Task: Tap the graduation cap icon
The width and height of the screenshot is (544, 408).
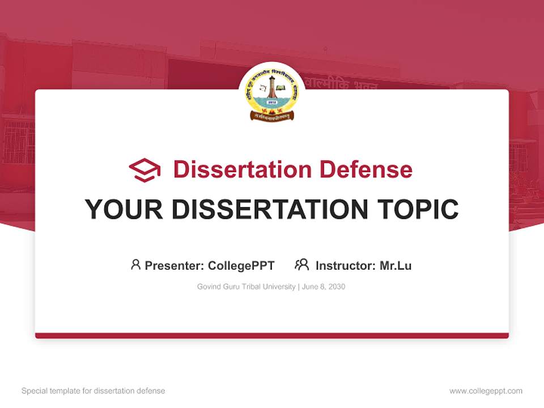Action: [144, 170]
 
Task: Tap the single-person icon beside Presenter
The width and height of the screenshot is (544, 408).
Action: [135, 265]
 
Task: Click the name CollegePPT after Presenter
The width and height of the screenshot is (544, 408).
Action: [241, 265]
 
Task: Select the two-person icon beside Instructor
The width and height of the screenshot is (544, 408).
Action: [301, 265]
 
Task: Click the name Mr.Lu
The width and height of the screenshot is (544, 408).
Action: [396, 265]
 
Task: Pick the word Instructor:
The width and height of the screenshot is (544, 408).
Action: [345, 265]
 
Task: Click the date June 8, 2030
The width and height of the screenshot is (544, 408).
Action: [324, 287]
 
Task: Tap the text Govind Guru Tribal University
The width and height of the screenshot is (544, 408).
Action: [246, 287]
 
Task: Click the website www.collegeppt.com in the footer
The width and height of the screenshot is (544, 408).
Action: [486, 391]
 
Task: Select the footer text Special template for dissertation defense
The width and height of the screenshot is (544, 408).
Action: [93, 391]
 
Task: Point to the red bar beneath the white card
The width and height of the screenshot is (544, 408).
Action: [272, 335]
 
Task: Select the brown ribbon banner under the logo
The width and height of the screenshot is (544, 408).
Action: [272, 116]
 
